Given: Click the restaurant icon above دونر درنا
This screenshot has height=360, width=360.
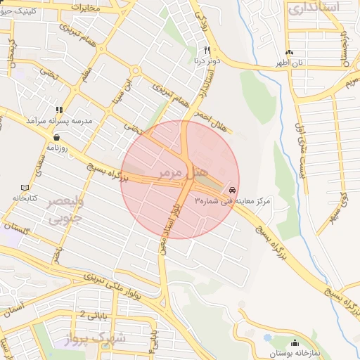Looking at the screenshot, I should pos(206,50).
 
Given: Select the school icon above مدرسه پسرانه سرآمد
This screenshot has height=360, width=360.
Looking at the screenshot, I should pos(60,110).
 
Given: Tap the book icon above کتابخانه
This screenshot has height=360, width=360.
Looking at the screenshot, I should pos(25,188).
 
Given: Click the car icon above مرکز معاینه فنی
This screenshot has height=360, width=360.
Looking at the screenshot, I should pos(233,191).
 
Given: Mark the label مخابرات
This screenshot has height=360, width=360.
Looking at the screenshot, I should pos(92,8).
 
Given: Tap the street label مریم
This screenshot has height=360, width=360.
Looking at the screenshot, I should pos(350,84).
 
